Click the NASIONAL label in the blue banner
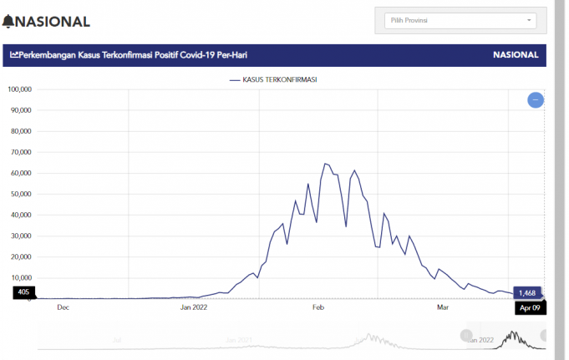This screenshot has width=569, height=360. pos(516,55)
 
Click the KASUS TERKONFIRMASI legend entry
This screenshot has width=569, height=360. pos(273,79)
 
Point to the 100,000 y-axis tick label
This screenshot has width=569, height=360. pos(20,89)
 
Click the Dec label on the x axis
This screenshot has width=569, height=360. pos(63,307)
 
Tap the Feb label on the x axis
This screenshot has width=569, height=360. pos(318,307)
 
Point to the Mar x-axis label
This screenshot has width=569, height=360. pos(443,307)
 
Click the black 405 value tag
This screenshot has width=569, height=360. pos(23,292)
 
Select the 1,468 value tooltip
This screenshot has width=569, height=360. pos(526,292)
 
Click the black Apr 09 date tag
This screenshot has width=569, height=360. pos(528,307)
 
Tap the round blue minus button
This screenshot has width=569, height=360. pos(536,100)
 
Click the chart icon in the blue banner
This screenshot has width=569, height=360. pos(14,55)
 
